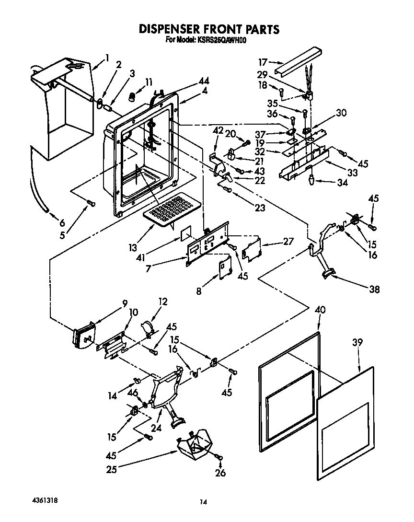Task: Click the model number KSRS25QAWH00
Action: point(221,41)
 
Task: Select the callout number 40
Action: point(320,310)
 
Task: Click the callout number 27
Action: point(288,242)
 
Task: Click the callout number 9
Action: point(125,303)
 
